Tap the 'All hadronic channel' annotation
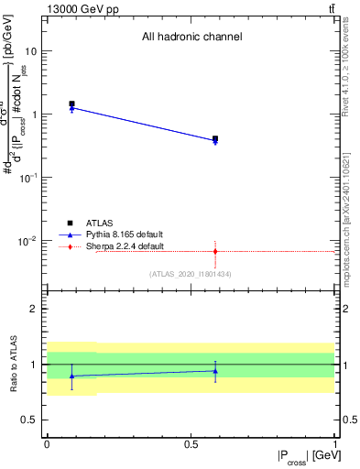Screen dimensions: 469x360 [x=191, y=38]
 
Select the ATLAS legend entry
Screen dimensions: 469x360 [x=101, y=223]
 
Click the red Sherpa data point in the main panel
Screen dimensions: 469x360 [x=215, y=251]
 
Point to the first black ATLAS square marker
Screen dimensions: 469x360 [x=71, y=104]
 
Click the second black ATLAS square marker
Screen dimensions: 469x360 [x=215, y=139]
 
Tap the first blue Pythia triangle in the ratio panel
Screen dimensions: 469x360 [x=71, y=376]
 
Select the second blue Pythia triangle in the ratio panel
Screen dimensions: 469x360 [x=215, y=370]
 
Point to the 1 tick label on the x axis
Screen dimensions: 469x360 [x=335, y=443]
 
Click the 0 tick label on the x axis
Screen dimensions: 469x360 [x=47, y=443]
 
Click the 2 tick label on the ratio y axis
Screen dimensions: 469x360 [x=37, y=309]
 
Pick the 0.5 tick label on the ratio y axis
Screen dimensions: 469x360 [x=32, y=420]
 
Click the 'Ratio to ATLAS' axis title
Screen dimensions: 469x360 [x=14, y=364]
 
